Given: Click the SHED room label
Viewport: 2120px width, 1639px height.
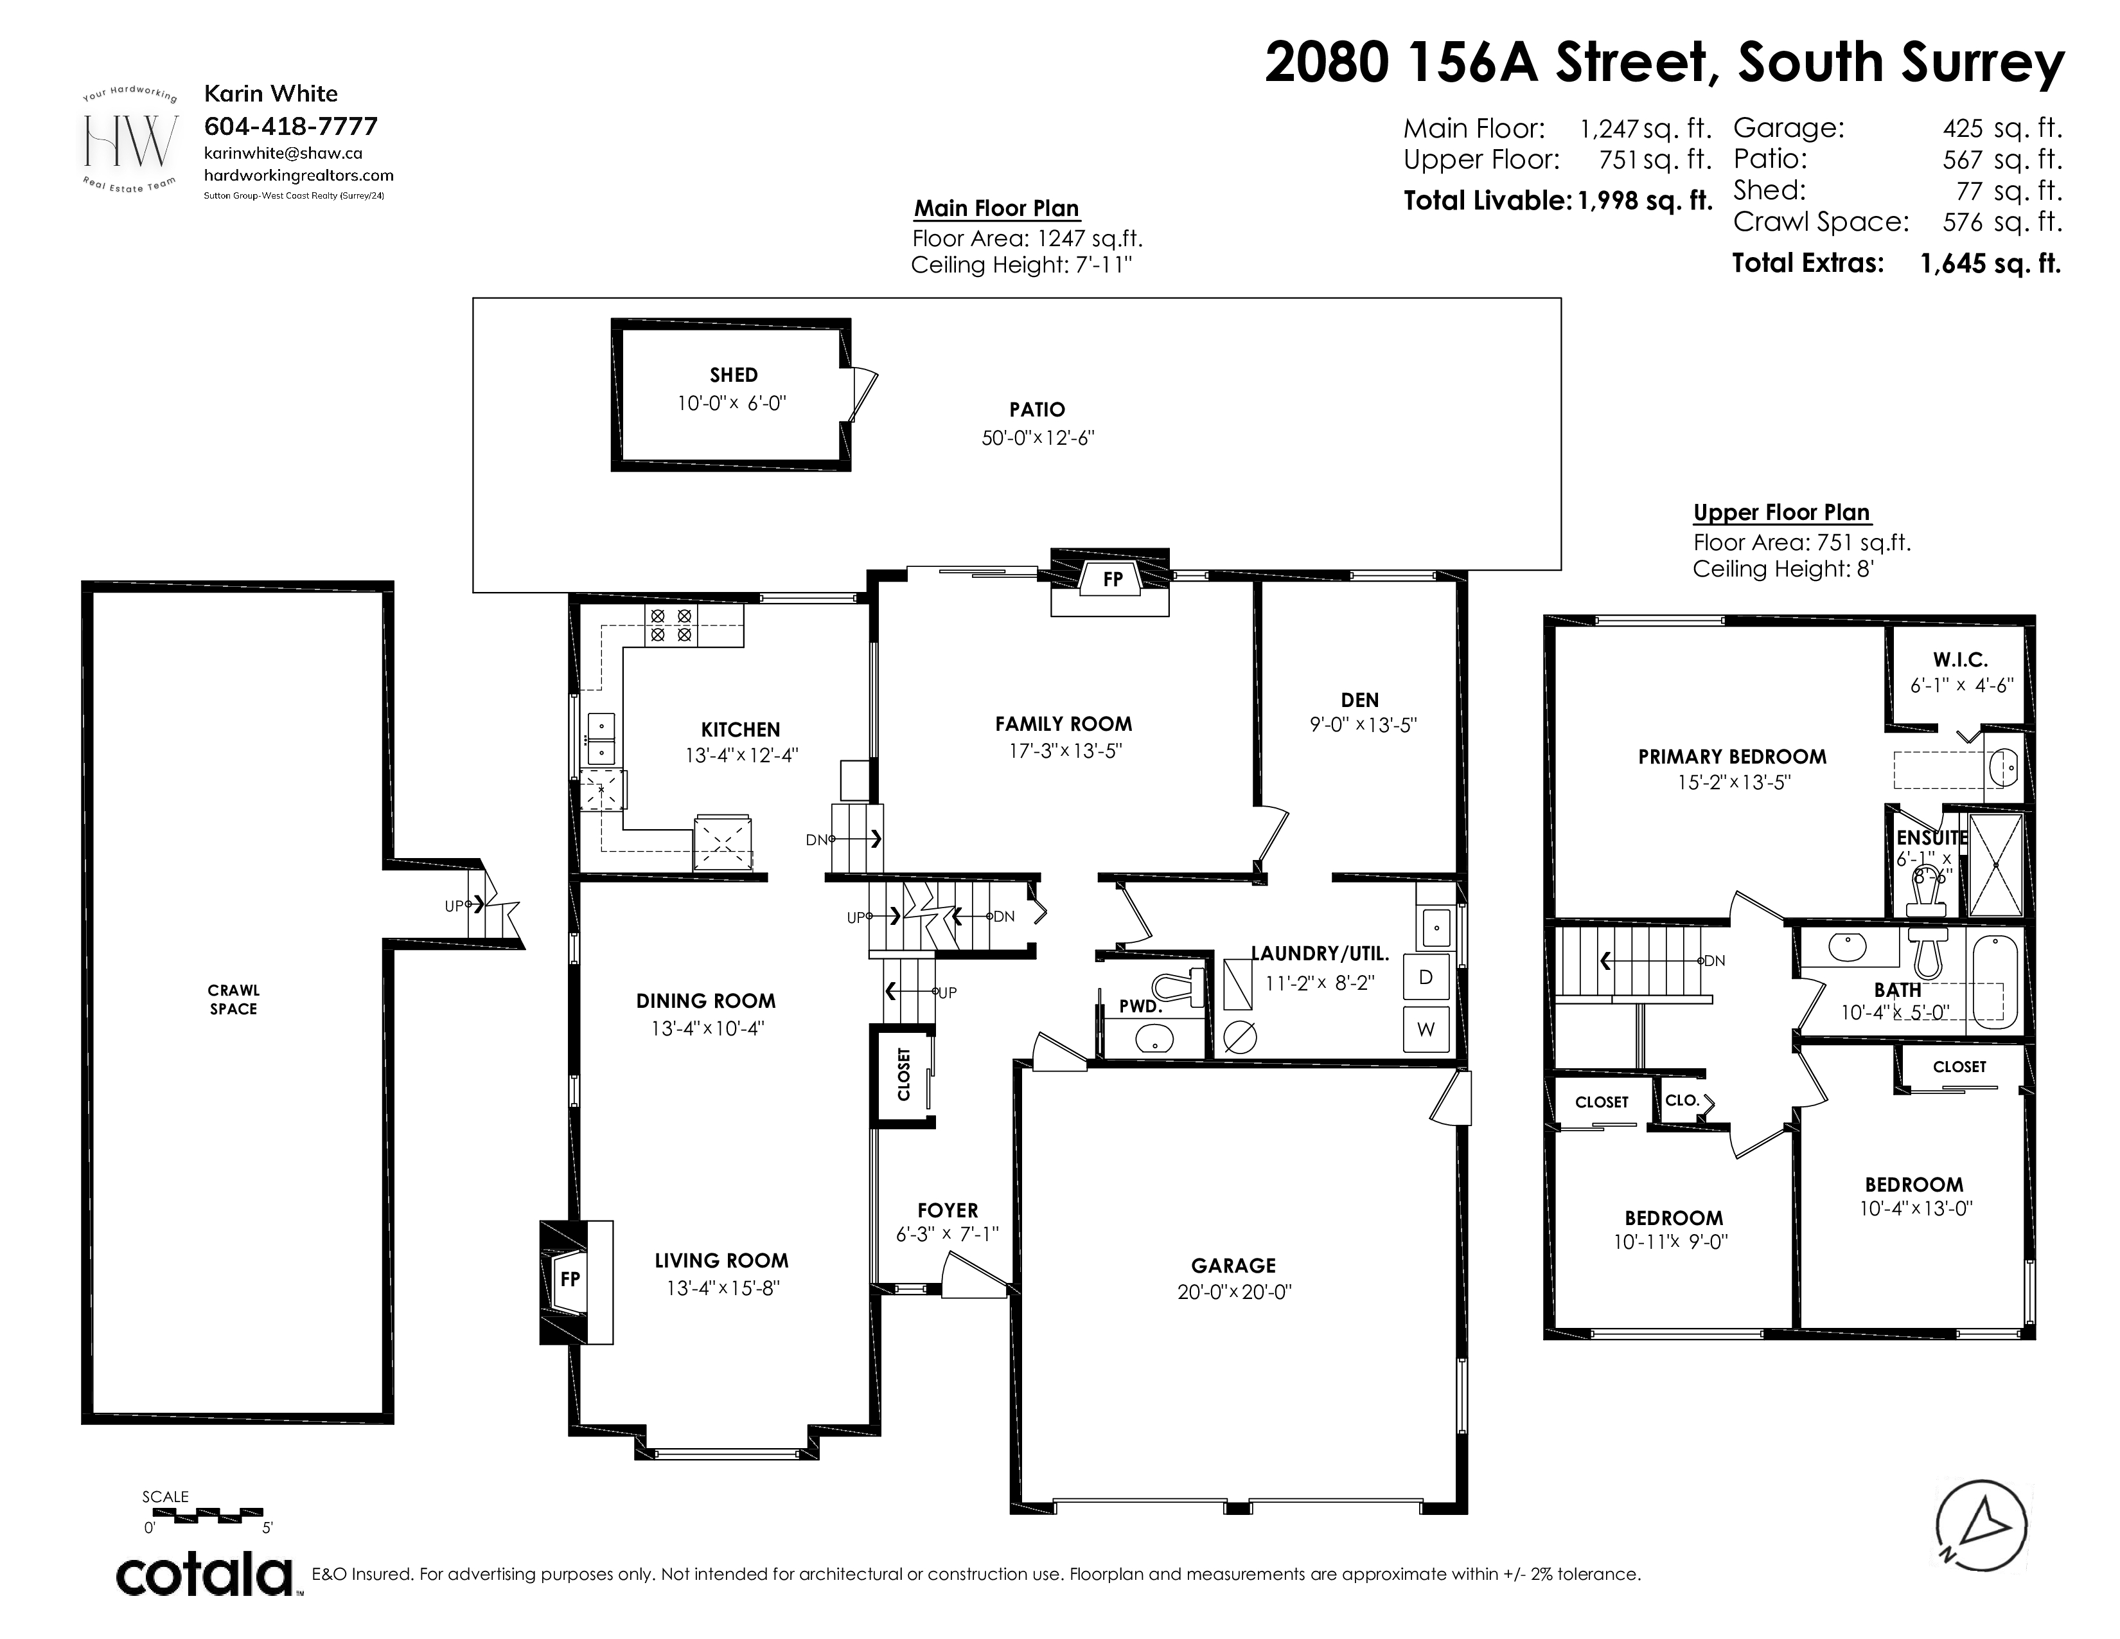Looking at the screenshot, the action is coord(733,375).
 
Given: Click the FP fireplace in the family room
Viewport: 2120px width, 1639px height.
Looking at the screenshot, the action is coord(1113,580).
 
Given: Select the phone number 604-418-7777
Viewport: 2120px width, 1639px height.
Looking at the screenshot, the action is coord(290,126).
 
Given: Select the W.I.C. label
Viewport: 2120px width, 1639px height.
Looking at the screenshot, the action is coord(1961,660).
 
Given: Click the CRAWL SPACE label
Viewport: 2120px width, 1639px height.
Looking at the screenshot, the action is coord(233,999).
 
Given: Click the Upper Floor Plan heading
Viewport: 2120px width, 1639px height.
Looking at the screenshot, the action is coord(1781,513).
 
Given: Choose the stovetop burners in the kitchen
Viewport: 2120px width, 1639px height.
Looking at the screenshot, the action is coord(671,625).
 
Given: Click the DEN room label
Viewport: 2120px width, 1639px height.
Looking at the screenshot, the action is coord(1360,699).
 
